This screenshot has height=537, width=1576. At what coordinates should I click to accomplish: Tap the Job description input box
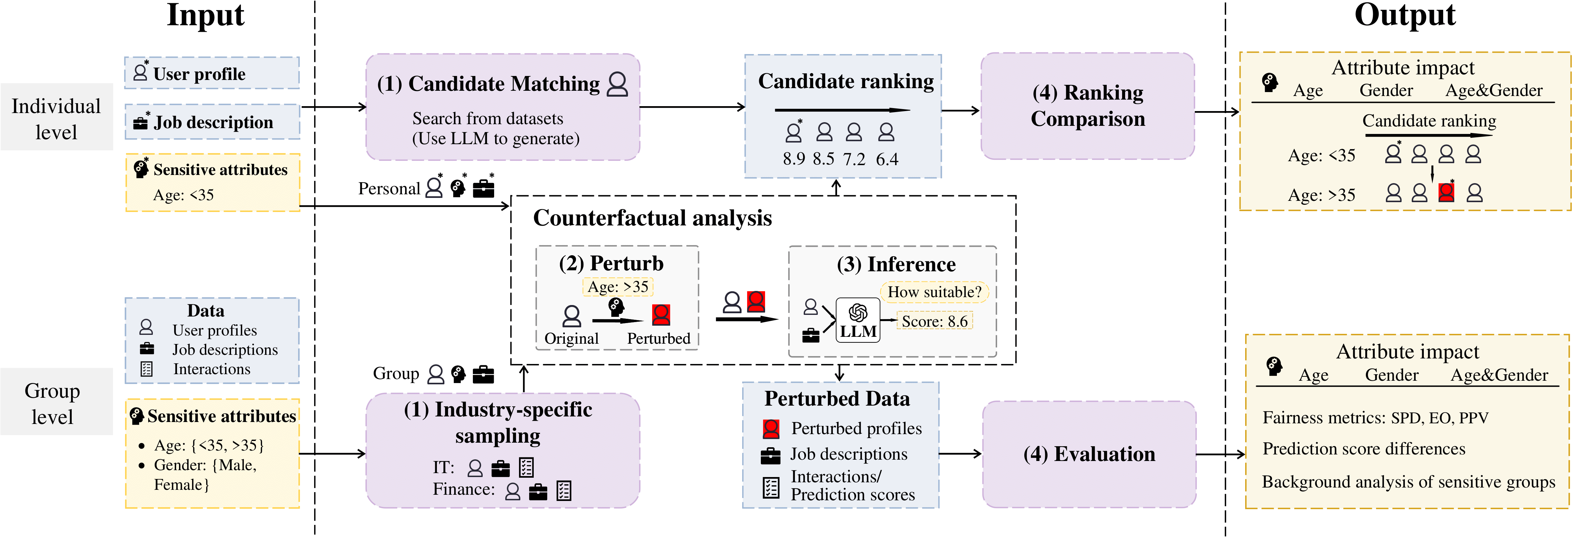[x=212, y=122]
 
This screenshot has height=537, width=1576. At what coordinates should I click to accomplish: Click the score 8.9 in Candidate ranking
[x=794, y=159]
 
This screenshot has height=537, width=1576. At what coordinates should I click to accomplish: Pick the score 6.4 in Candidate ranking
[x=886, y=159]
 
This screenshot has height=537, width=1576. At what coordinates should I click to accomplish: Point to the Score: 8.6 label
[x=934, y=321]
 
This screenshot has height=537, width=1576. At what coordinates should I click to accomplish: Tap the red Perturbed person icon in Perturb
[x=661, y=315]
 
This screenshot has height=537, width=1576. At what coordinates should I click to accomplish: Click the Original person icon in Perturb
[x=571, y=316]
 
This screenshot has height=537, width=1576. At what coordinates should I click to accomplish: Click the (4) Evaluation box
[x=1089, y=454]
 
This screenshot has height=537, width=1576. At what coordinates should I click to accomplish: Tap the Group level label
[x=53, y=404]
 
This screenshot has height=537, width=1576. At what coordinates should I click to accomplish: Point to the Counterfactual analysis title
[x=652, y=218]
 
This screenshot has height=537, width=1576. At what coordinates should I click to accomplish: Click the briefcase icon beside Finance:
[x=538, y=492]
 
